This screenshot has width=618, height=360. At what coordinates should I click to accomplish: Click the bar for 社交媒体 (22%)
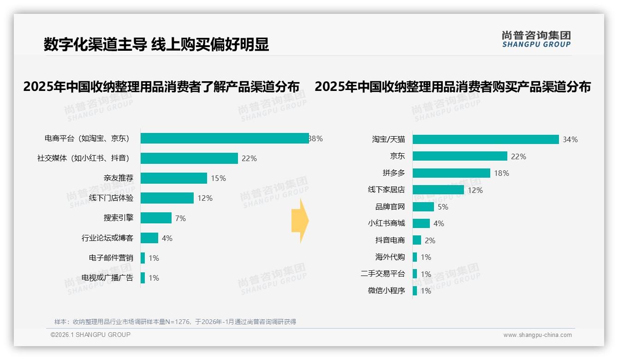(189, 158)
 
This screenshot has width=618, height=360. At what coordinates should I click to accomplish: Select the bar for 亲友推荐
(174, 178)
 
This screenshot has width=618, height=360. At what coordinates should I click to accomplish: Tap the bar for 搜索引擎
(156, 218)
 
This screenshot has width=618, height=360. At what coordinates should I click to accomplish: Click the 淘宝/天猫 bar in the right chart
(486, 139)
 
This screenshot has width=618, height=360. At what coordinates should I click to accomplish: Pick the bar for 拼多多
(451, 173)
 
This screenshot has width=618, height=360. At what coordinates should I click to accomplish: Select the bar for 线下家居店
(438, 190)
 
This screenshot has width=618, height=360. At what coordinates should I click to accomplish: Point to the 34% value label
(570, 139)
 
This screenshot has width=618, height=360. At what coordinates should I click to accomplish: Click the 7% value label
(180, 218)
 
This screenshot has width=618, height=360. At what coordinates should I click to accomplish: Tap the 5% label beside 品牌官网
(443, 207)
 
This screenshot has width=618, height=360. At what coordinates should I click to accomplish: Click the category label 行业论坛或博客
(107, 238)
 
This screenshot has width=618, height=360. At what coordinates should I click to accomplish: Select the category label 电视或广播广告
(107, 278)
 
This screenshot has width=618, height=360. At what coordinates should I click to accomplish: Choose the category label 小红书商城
(386, 223)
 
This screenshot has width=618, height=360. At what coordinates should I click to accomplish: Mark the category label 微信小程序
(386, 291)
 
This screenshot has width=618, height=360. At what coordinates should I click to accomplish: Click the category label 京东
(397, 156)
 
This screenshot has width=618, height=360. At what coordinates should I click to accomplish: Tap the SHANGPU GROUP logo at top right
(536, 39)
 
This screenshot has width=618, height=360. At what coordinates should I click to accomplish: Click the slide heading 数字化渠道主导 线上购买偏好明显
(156, 44)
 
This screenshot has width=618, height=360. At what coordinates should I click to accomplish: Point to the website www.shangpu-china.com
(537, 335)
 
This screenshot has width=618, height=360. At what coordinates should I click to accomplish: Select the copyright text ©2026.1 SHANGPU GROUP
(90, 335)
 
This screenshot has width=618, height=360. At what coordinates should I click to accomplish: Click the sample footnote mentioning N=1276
(175, 322)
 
